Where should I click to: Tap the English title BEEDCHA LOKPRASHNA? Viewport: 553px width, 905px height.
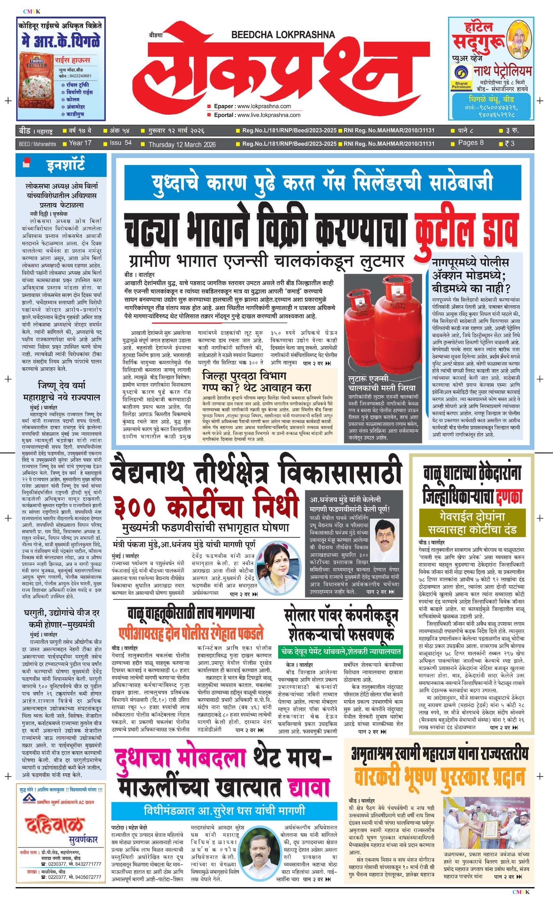click(283, 35)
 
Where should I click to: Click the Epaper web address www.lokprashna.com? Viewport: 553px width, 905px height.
click(264, 107)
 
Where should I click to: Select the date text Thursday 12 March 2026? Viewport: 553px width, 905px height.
click(182, 145)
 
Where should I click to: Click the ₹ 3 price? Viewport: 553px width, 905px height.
click(510, 143)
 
